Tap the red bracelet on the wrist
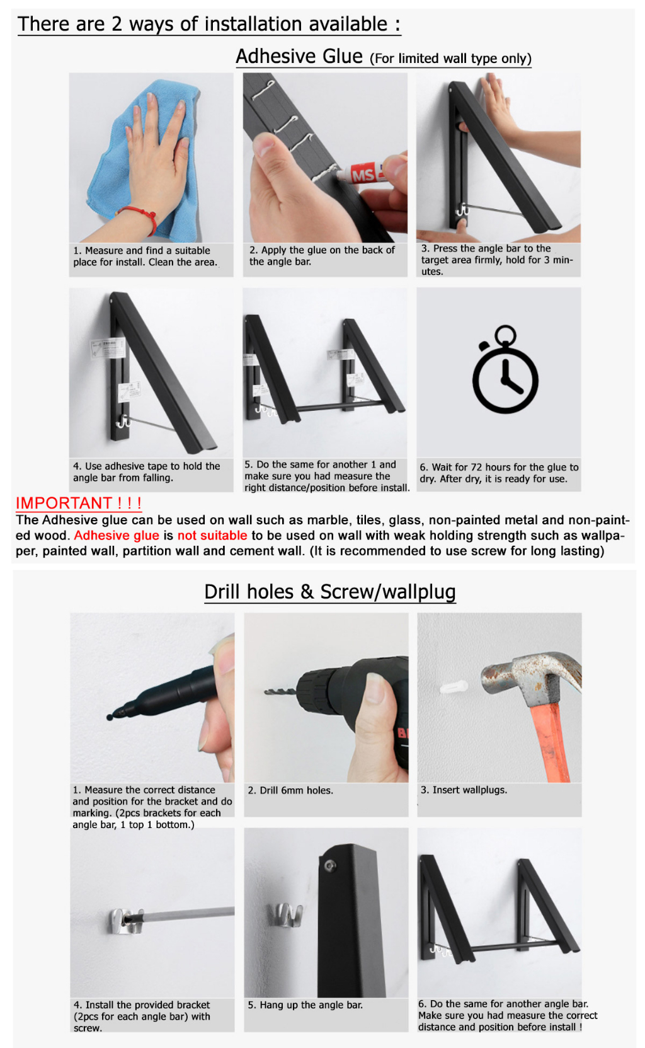click(x=140, y=219)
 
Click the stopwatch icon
click(x=505, y=369)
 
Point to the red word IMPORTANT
click(x=63, y=503)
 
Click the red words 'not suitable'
click(x=212, y=535)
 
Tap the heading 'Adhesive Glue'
click(x=299, y=57)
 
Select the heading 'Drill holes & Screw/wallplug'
click(x=330, y=592)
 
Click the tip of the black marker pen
click(x=110, y=717)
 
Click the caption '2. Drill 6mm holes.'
click(x=290, y=791)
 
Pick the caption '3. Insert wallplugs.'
click(x=464, y=790)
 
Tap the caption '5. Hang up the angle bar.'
click(x=305, y=1005)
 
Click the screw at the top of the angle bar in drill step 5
click(x=330, y=865)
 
